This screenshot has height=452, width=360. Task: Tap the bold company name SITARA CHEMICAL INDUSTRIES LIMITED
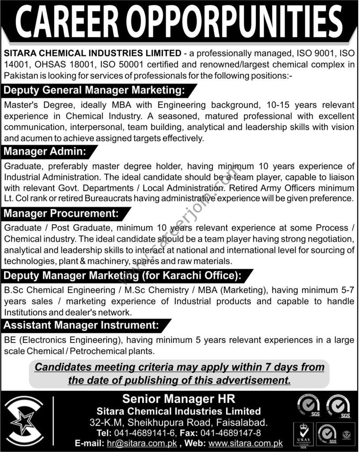point(93,54)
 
